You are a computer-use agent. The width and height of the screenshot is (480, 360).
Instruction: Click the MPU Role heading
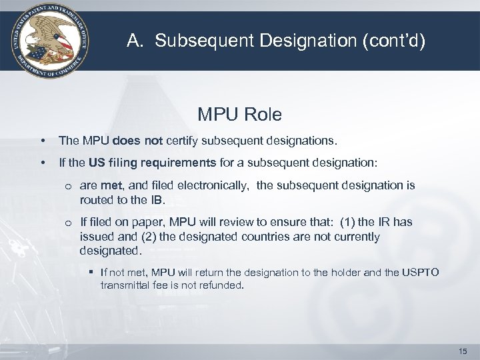tap(239, 115)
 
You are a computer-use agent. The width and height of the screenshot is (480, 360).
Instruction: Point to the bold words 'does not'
tap(135, 141)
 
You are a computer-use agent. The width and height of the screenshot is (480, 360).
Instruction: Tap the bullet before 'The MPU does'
tap(42, 141)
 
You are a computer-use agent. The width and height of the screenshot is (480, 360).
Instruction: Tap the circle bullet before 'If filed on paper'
tap(69, 223)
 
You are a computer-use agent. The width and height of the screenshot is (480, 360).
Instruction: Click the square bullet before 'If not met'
tap(92, 272)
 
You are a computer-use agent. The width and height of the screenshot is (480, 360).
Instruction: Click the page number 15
tap(464, 351)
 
